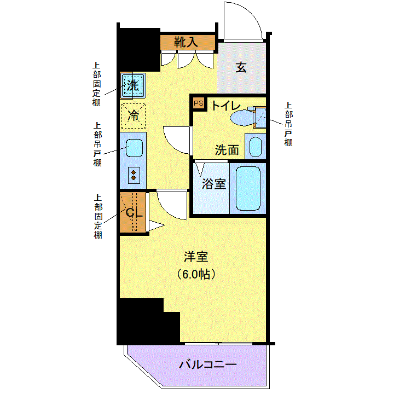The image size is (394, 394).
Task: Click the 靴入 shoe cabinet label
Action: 186,42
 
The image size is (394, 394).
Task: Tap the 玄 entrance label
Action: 241,67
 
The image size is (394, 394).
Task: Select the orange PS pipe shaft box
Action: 199,103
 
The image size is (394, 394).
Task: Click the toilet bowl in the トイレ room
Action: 242,118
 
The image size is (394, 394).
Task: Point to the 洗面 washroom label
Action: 227,150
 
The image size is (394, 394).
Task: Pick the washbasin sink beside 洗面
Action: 256,147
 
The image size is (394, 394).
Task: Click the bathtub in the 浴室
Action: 248,188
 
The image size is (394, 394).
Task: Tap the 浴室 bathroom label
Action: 214,184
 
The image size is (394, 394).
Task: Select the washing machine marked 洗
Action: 133,86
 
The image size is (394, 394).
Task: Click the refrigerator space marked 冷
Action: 134,116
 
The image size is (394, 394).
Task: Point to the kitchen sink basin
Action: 134,148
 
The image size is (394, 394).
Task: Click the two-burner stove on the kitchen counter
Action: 134,175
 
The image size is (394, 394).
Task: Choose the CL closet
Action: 133,212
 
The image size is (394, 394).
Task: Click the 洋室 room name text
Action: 196,257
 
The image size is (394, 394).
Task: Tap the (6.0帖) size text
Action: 196,274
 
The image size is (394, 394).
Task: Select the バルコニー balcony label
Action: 208,364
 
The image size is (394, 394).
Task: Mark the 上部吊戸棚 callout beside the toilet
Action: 288,124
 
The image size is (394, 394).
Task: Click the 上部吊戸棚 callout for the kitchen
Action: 97,144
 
